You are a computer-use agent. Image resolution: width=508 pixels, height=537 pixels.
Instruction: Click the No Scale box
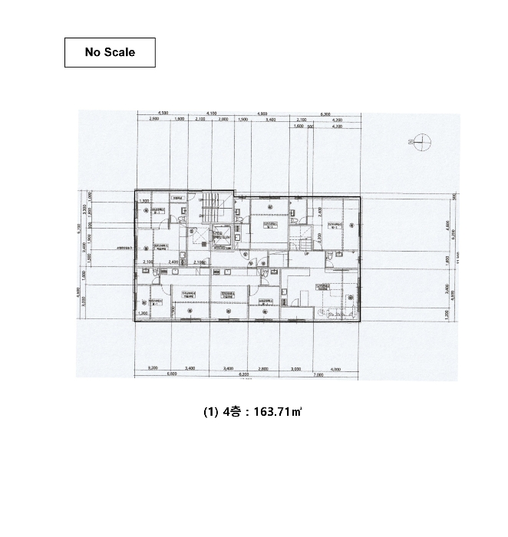click(110, 52)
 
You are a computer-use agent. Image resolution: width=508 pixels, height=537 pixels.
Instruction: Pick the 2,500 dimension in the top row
click(153, 120)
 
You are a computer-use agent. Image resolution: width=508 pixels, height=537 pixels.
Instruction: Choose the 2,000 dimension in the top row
click(223, 120)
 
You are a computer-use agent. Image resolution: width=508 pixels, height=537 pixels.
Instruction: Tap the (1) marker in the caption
click(209, 412)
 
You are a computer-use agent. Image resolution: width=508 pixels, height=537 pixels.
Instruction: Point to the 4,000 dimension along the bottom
click(335, 369)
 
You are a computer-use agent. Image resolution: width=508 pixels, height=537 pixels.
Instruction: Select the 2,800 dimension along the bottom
click(264, 369)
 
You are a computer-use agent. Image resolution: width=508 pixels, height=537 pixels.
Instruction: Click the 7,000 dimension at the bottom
click(317, 374)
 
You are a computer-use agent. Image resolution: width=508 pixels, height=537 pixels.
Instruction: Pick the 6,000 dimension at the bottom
click(171, 374)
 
